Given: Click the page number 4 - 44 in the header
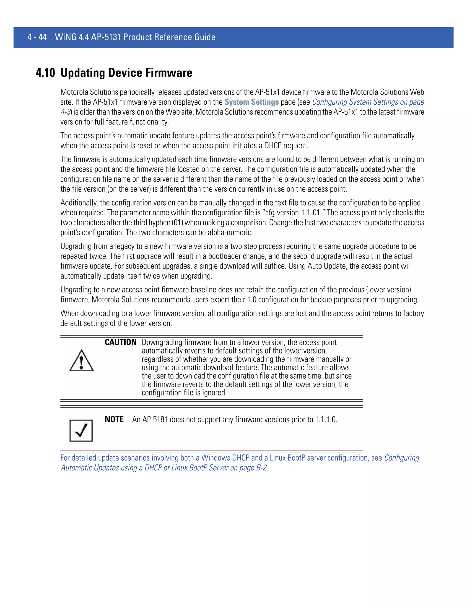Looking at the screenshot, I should (x=37, y=37).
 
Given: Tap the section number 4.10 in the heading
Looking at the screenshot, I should (x=45, y=73).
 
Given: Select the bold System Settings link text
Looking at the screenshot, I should (x=252, y=102).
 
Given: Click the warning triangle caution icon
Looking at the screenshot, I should (x=81, y=361).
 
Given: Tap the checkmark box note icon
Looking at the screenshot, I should (x=81, y=431).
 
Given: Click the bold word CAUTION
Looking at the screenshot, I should (x=121, y=342).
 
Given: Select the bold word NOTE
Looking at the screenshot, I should (x=114, y=420).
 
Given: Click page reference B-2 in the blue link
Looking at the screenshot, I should (x=262, y=468).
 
